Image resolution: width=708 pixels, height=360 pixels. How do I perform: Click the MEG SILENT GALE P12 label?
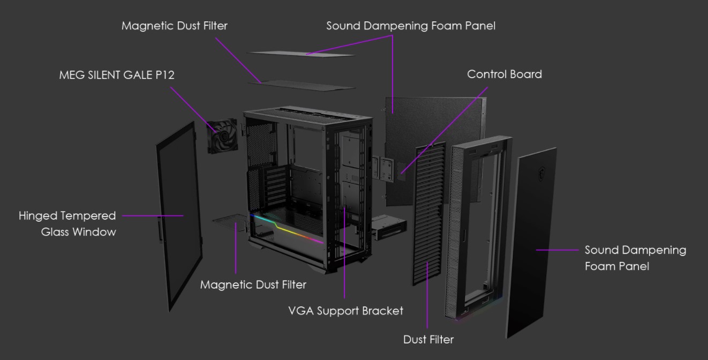point(117,75)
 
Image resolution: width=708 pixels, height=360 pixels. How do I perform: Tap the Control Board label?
point(504,74)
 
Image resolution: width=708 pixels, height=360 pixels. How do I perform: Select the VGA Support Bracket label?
point(346,311)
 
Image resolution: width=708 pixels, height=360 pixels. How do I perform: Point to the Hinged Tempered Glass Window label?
point(67,224)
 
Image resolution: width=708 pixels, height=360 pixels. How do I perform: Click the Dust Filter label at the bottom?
point(428,340)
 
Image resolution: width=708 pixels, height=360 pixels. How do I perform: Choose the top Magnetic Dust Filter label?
point(175,26)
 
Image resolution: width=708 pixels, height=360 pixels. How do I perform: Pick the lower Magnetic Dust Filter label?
point(253,285)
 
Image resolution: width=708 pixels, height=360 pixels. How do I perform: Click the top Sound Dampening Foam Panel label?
point(411,26)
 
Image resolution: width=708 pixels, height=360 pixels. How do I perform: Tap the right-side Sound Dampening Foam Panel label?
point(635,258)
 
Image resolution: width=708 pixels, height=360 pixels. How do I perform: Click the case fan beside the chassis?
point(222,136)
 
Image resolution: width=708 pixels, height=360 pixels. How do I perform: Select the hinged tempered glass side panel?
point(179,216)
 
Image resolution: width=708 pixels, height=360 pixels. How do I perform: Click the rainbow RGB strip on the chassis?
point(287,229)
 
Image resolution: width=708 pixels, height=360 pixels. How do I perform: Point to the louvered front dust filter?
point(429,214)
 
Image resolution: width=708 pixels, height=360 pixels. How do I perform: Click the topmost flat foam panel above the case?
point(301,54)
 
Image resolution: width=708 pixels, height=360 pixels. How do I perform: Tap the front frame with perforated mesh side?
point(478,228)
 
